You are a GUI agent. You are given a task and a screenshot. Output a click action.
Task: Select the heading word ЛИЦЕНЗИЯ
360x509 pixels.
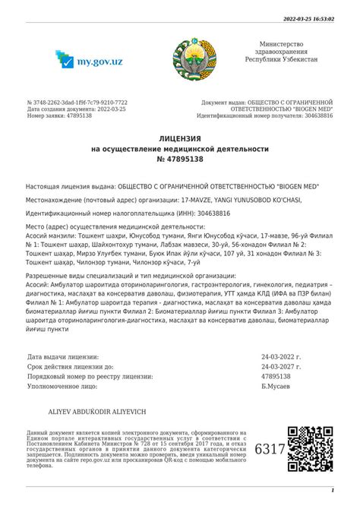point(180,139)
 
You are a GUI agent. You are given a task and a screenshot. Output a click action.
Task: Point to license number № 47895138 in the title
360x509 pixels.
point(180,160)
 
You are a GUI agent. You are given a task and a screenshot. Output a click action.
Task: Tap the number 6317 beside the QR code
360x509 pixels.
point(270,449)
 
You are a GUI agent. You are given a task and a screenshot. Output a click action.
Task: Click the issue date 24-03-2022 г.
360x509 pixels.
point(282,356)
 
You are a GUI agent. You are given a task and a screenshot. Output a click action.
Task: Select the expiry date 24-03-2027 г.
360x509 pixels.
point(282,365)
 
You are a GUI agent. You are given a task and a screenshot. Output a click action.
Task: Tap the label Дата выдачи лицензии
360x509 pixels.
point(63,356)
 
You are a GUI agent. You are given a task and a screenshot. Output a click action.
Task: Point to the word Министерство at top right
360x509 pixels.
point(281,45)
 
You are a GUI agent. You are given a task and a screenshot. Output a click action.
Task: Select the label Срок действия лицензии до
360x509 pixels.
point(70,365)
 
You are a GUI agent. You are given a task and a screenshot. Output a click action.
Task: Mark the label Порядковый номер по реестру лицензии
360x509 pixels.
point(90,375)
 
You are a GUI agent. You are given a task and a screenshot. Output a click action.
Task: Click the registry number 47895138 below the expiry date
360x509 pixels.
point(276,375)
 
